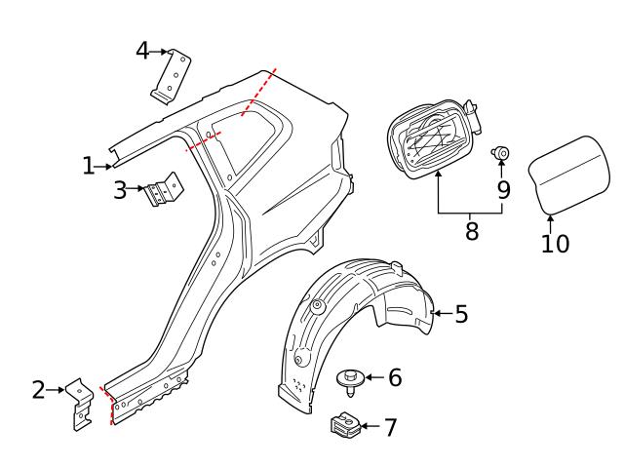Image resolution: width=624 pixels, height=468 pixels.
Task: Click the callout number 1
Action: [x=89, y=167]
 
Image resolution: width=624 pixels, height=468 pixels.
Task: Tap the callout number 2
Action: [x=39, y=391]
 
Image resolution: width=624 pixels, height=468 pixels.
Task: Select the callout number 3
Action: [x=120, y=190]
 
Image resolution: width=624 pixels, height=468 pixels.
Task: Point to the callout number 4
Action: [x=142, y=50]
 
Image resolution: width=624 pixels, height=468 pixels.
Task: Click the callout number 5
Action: [x=461, y=314]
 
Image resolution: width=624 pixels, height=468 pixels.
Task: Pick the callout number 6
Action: [x=395, y=377]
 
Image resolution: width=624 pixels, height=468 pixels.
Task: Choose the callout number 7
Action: [x=391, y=427]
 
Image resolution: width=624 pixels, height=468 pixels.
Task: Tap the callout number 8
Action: [x=471, y=233]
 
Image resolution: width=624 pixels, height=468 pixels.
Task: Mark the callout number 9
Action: [x=503, y=189]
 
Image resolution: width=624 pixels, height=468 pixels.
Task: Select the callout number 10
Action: [x=555, y=243]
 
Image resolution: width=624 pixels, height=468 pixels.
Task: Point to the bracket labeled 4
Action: [x=172, y=75]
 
